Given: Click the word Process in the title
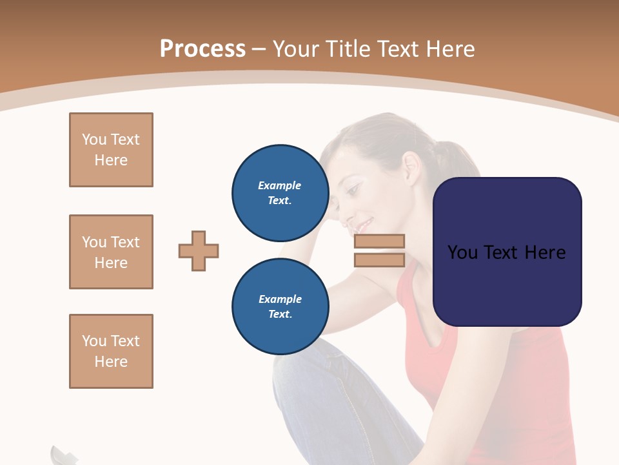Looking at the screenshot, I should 202,49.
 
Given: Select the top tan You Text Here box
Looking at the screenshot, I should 111,150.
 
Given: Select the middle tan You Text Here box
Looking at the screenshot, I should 111,252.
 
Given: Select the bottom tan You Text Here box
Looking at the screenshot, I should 111,351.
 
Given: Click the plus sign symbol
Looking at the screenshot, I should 199,251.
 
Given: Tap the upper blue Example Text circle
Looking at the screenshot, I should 280,192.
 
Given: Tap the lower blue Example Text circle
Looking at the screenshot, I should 280,306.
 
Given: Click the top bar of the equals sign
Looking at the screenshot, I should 379,241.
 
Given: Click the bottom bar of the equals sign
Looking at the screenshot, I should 379,260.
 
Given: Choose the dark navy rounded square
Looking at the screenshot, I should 507,251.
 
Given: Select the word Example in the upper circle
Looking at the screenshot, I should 280,185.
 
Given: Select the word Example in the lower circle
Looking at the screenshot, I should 280,299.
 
